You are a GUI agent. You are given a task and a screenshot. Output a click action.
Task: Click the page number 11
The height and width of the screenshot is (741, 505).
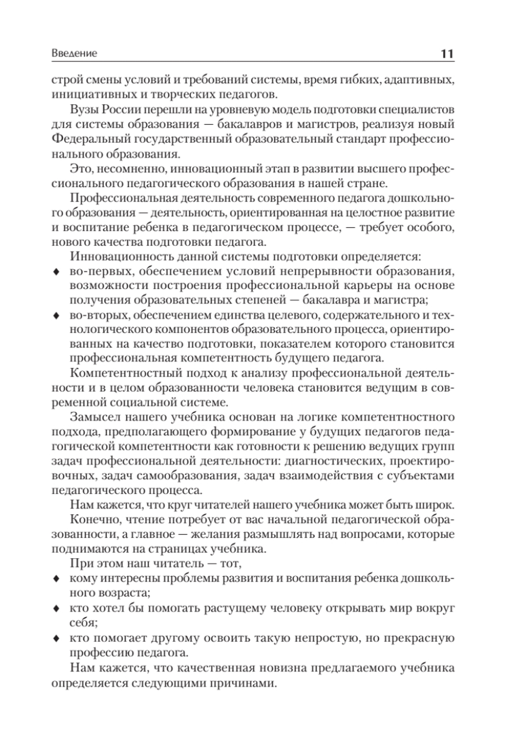click(x=447, y=53)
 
